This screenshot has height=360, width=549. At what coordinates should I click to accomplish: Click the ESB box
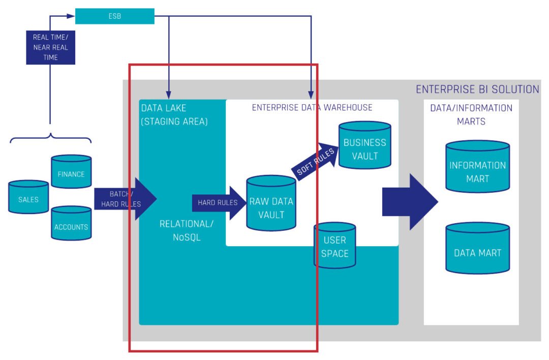tap(114, 16)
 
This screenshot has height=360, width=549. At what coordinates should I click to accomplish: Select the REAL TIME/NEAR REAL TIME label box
tap(50, 47)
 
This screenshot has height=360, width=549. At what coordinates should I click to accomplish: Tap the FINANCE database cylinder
tap(71, 172)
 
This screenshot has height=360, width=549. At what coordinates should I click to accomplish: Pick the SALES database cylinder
tap(28, 198)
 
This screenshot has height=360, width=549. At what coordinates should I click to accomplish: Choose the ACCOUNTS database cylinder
tap(71, 224)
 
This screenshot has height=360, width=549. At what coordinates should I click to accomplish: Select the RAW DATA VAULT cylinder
tap(271, 204)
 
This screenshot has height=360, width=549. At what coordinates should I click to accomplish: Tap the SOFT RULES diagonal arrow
tap(315, 162)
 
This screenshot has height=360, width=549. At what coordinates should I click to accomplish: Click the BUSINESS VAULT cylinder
tap(364, 146)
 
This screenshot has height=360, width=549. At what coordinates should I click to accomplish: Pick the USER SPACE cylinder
tap(334, 245)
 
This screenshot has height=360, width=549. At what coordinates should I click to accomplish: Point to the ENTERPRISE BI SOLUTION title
tap(477, 89)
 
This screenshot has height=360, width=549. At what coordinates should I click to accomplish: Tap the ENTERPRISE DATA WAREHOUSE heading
tap(312, 107)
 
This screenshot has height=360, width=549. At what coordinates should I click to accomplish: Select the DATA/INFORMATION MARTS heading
tap(471, 114)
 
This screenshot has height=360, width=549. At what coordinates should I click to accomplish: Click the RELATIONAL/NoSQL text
tap(187, 230)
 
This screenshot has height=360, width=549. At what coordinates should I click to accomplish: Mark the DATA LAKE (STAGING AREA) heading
tap(174, 115)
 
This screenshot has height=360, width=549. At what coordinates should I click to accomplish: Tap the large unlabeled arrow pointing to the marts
tap(409, 202)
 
